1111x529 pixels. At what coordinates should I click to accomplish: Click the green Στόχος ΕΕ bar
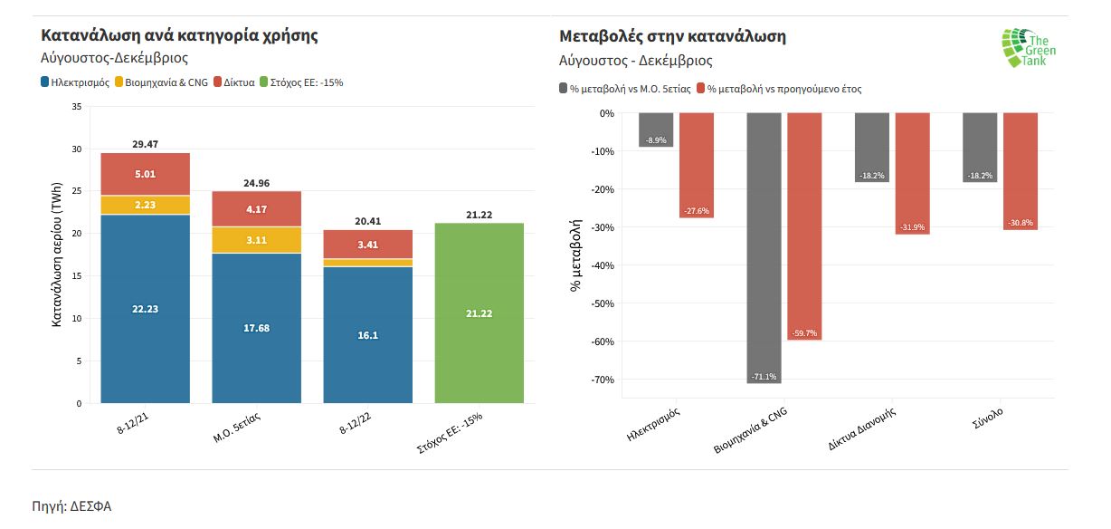pos(479,313)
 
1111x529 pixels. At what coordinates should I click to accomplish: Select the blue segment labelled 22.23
pos(145,308)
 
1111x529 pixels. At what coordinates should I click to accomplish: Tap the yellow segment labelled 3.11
pos(256,240)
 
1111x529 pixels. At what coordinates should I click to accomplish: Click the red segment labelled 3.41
pos(367,244)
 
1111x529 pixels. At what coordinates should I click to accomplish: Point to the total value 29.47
pos(145,144)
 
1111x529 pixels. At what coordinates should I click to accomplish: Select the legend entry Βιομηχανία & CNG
pos(162,82)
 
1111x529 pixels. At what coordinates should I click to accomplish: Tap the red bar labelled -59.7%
pos(804,226)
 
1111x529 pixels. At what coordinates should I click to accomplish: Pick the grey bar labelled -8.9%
pos(656,130)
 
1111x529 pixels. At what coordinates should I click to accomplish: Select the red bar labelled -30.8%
pos(1020,171)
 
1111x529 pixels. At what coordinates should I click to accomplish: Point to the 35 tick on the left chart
pos(76,107)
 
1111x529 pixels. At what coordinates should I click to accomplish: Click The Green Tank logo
pos(1029,47)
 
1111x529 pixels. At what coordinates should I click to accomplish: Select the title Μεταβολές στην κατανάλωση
pos(672,37)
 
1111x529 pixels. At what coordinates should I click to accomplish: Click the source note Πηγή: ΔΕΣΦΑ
pos(71,506)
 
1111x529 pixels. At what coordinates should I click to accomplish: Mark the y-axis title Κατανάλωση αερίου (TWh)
pos(56,254)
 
